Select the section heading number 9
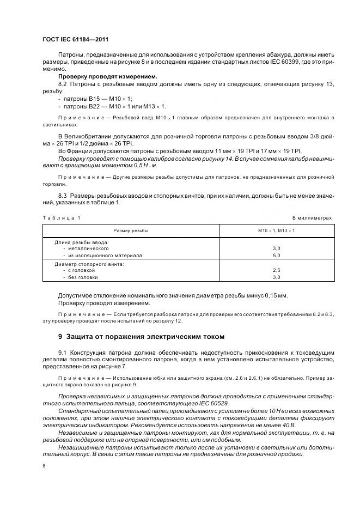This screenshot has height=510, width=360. [x=60, y=336]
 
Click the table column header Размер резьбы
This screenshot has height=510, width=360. [x=131, y=230]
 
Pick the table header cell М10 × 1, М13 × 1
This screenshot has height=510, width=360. [x=276, y=230]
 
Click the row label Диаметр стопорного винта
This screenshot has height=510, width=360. [x=89, y=264]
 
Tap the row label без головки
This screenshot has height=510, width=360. [x=83, y=277]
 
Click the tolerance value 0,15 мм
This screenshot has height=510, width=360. [x=276, y=295]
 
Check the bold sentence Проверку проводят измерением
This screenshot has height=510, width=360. [x=107, y=76]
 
